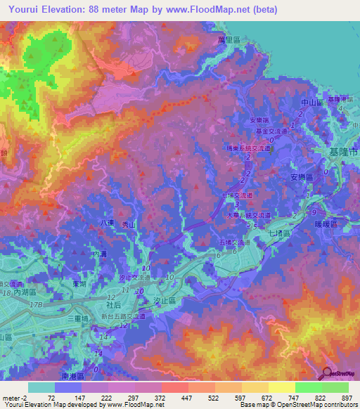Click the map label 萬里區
pyautogui.click(x=229, y=41)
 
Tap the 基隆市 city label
pyautogui.click(x=344, y=152)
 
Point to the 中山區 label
pyautogui.click(x=311, y=103)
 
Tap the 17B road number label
pyautogui.click(x=36, y=304)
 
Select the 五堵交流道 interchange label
pyautogui.click(x=233, y=242)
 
